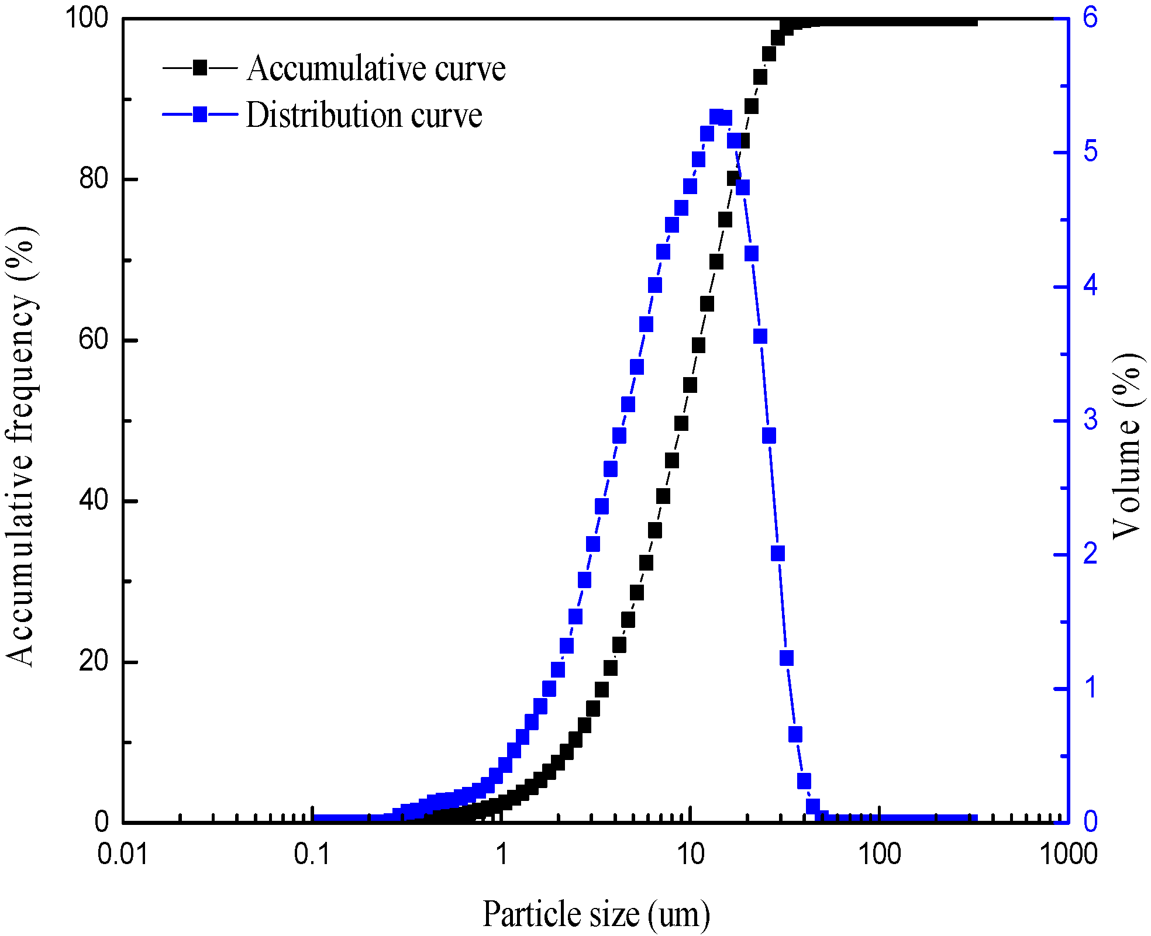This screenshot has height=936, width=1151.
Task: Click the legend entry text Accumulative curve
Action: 376,69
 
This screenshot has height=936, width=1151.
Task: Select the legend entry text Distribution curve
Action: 364,115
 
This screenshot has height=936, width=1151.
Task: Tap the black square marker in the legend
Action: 200,68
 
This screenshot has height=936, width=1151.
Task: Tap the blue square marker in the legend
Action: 200,114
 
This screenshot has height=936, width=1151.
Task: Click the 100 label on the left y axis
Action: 87,18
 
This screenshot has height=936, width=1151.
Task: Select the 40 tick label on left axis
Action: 94,500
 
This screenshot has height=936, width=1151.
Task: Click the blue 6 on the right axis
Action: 1091,18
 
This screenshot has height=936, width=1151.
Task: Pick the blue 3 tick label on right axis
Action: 1091,420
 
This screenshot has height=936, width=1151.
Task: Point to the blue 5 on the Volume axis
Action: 1091,152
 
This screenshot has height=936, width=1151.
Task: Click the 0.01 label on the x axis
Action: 123,854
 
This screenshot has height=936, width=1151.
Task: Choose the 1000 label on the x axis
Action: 1068,854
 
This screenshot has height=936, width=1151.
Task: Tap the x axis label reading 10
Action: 691,854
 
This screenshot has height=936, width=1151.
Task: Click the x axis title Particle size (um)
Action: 596,914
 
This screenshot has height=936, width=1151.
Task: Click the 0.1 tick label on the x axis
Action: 312,854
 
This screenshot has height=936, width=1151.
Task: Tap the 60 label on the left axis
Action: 94,339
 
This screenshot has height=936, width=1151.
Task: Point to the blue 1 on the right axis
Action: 1091,688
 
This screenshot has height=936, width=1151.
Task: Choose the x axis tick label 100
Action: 879,854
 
